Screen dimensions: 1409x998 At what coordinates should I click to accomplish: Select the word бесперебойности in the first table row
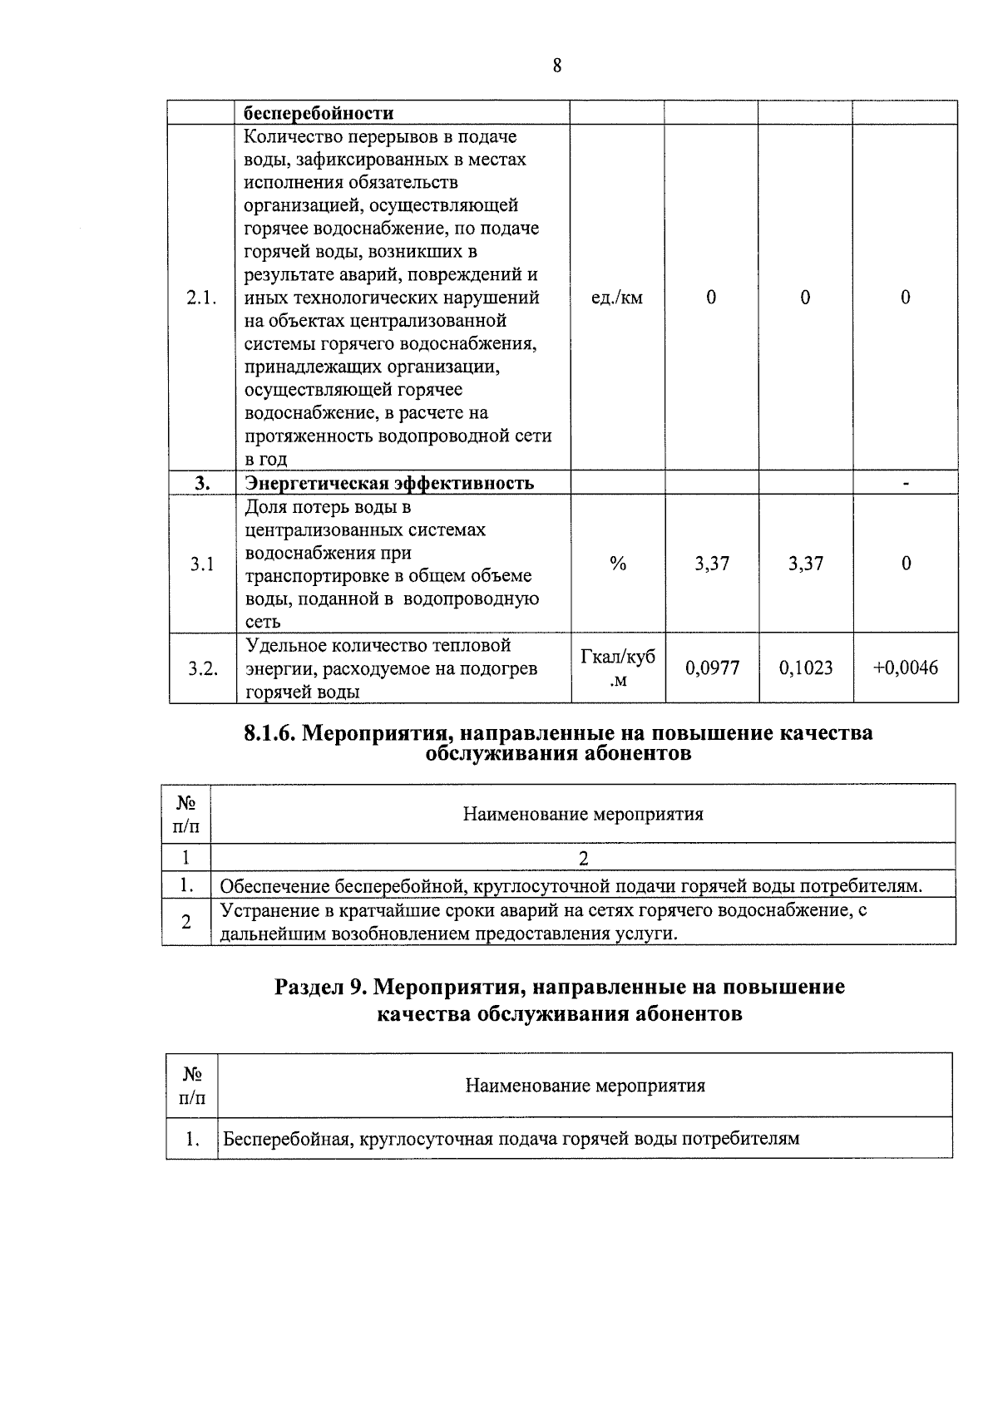(319, 113)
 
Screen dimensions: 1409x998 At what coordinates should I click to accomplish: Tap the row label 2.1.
(201, 298)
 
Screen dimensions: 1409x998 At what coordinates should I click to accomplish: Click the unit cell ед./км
(616, 298)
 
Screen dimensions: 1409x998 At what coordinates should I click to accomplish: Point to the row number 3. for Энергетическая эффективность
(202, 483)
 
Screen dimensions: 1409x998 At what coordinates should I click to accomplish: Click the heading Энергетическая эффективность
(389, 483)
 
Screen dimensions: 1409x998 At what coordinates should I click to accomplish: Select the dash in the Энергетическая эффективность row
(906, 483)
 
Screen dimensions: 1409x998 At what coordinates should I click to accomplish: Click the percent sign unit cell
(617, 564)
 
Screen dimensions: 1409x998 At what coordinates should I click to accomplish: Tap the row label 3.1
(201, 564)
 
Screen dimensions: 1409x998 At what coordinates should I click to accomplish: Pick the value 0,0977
(712, 668)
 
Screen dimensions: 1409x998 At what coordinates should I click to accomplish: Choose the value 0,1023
(806, 668)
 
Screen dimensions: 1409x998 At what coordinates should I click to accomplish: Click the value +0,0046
(905, 668)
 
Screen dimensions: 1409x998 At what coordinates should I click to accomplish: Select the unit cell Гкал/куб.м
(617, 668)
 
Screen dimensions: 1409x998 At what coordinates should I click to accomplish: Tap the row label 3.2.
(202, 668)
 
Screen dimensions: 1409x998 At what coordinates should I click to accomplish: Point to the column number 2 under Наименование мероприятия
(583, 859)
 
